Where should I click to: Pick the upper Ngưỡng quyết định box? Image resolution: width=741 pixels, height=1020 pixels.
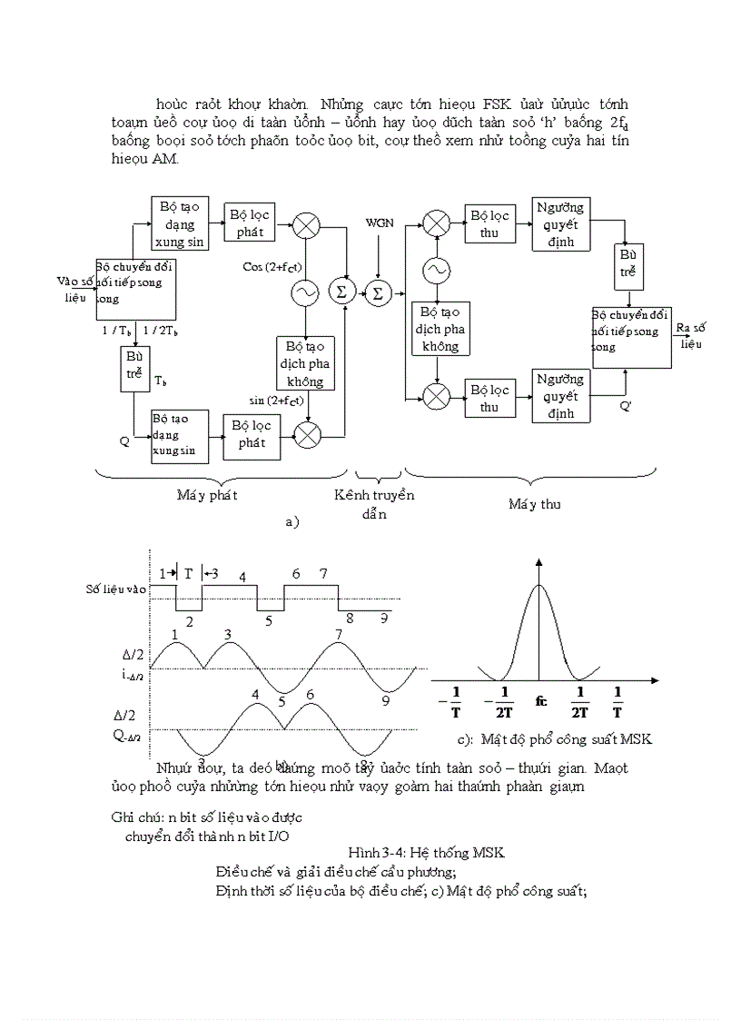tap(560, 223)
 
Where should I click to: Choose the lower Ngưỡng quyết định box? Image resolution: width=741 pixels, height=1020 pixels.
tap(560, 396)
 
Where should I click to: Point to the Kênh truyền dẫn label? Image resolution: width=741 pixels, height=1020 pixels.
tap(374, 504)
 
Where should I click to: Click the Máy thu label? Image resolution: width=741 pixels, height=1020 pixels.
tap(534, 503)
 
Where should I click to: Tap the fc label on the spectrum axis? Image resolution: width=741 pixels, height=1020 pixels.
tap(540, 700)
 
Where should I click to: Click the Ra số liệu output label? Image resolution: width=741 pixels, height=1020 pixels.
tap(692, 335)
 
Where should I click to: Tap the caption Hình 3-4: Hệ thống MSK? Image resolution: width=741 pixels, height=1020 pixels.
tap(426, 852)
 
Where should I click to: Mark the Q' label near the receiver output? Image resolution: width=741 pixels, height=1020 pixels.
tap(626, 406)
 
